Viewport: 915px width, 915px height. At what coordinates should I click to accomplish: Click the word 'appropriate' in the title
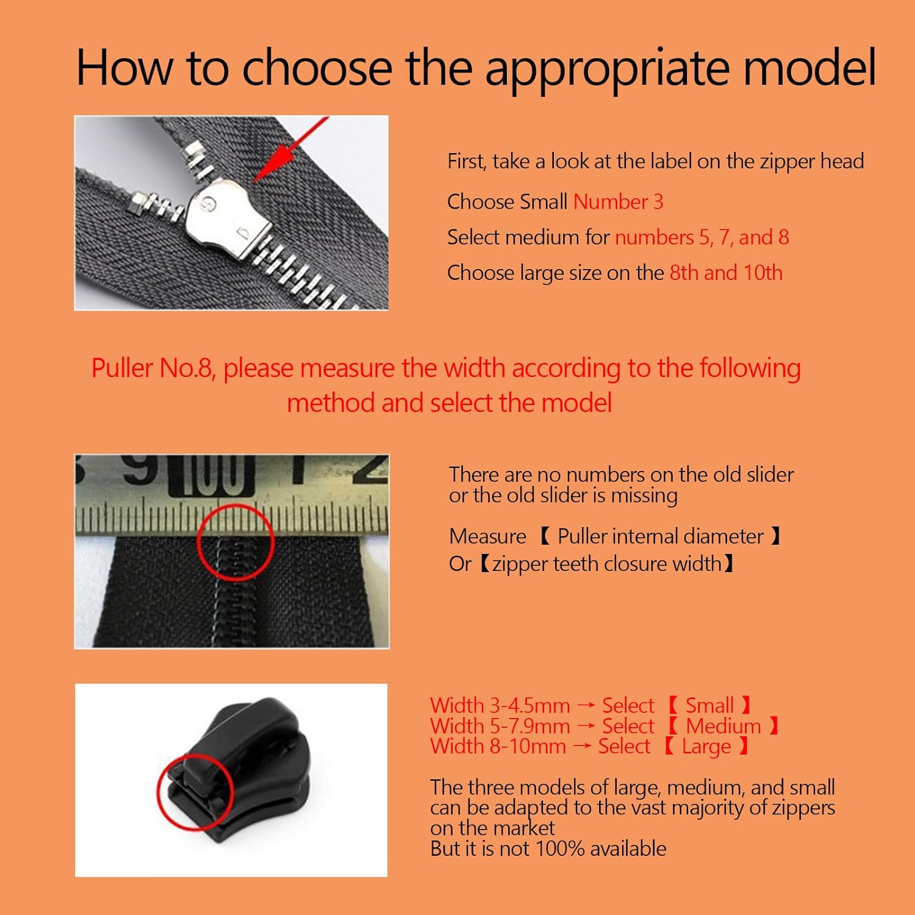607,68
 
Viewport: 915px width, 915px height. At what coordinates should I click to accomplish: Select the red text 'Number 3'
618,202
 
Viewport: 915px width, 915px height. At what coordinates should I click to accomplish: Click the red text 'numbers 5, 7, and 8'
701,237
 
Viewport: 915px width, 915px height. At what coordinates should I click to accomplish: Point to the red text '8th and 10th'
726,273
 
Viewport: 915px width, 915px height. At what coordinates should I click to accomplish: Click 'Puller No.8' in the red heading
152,368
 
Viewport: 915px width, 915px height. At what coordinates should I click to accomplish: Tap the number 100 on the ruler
211,475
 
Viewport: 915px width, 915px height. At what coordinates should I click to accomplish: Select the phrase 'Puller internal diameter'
660,536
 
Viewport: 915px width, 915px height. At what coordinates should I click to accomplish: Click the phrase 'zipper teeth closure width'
607,564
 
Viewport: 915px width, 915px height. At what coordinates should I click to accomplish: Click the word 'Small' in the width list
709,706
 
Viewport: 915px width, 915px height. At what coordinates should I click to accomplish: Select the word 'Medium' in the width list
723,727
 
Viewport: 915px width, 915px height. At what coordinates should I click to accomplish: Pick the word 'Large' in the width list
706,747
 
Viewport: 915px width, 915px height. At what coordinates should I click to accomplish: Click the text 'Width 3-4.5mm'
500,706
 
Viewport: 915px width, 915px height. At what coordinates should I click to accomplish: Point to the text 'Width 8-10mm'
498,747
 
